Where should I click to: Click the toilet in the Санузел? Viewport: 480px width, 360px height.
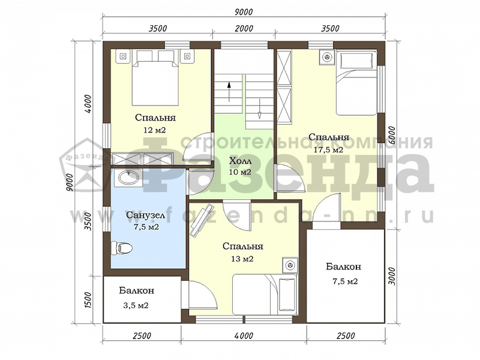(122, 247)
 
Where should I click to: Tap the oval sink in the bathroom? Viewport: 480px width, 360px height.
(128, 177)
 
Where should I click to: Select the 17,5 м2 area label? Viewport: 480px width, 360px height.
(328, 150)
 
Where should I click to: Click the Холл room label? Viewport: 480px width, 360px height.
(240, 161)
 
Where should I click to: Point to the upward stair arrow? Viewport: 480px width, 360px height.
(229, 92)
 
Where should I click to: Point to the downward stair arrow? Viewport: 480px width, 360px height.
(259, 109)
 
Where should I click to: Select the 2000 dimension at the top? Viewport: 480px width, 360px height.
(245, 28)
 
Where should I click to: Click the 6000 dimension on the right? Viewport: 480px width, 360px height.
(392, 136)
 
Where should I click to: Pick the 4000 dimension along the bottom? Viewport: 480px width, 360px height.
(245, 335)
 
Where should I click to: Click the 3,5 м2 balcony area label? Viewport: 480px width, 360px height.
(136, 305)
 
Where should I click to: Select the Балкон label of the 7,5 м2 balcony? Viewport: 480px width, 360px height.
(343, 266)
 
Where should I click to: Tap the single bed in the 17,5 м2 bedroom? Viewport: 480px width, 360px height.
(356, 83)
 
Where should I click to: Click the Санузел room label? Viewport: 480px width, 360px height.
(146, 215)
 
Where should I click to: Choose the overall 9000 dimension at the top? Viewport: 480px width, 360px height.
(244, 11)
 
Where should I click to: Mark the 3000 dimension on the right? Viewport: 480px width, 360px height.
(392, 276)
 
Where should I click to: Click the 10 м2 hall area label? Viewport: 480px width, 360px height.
(240, 172)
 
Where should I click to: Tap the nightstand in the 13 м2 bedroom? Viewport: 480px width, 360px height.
(290, 265)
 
